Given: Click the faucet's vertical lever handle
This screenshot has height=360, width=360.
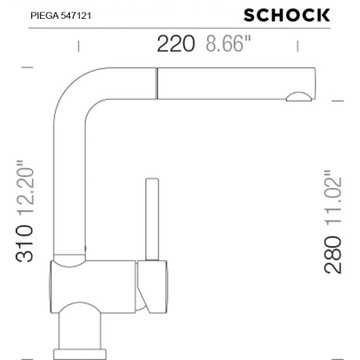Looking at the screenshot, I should point(153,220).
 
